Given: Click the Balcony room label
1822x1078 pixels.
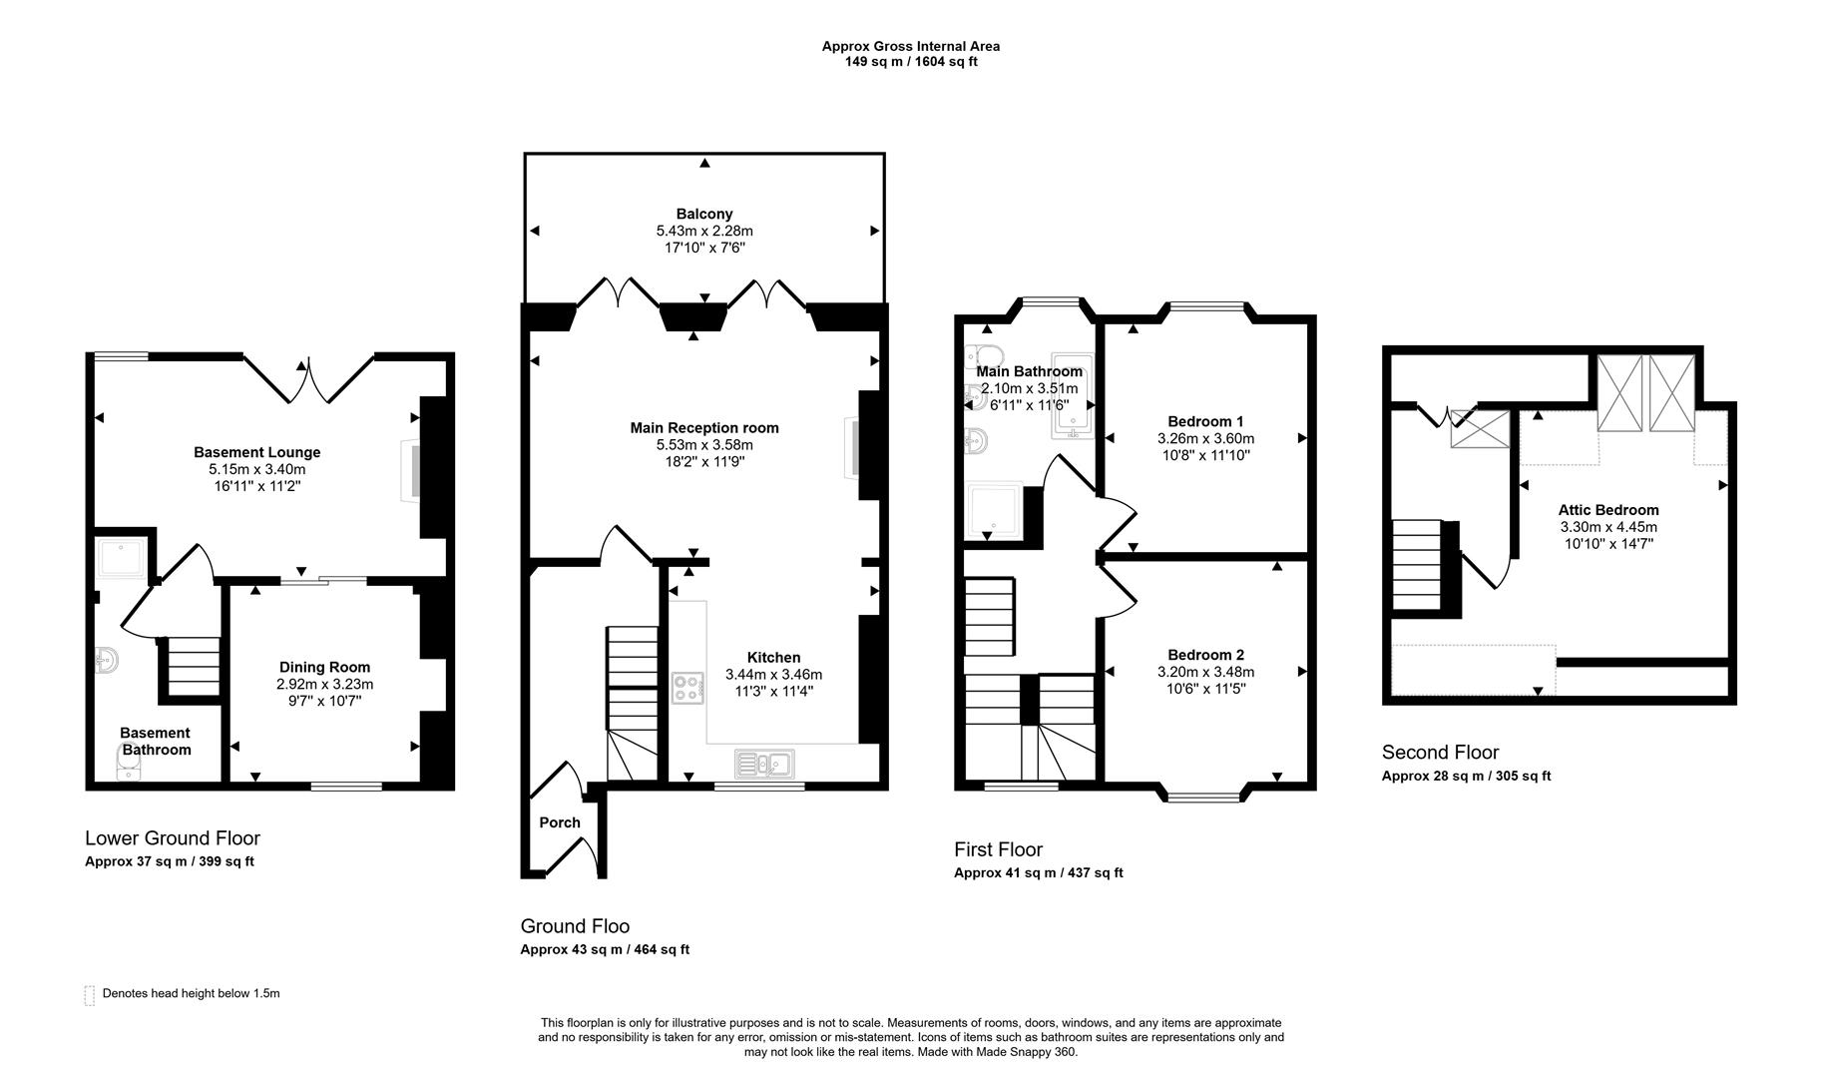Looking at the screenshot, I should coord(704,214).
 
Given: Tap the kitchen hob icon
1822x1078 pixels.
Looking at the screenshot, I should coord(687,688).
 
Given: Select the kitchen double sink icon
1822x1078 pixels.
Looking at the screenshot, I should coord(764,764).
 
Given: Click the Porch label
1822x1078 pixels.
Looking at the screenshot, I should coord(560,822).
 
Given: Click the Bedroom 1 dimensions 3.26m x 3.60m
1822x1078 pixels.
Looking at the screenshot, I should coord(1205,438).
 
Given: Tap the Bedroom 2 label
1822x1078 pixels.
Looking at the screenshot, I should coord(1205,655).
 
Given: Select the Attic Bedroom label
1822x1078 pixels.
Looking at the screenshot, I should coord(1608,510).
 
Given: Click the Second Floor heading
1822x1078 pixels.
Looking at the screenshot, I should coord(1440,753).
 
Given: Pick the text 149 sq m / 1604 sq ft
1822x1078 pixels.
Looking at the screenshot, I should coord(911,62).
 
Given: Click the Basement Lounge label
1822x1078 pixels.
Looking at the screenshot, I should coord(256,452).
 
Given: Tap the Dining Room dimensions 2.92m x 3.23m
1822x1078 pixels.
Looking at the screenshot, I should coord(324,685).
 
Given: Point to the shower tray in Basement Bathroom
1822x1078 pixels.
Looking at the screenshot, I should coord(121,558).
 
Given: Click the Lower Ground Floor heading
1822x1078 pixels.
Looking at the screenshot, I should coord(173,838).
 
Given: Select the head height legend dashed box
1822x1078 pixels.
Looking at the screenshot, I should coord(90,994).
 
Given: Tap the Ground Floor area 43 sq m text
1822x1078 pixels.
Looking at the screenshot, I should coord(605,949).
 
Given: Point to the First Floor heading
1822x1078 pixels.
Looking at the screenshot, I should coord(998,849).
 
